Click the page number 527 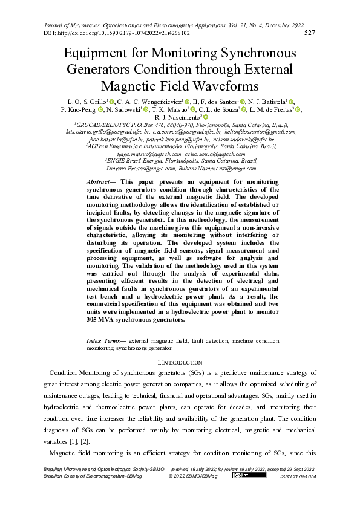(309, 33)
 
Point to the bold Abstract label (99, 181)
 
